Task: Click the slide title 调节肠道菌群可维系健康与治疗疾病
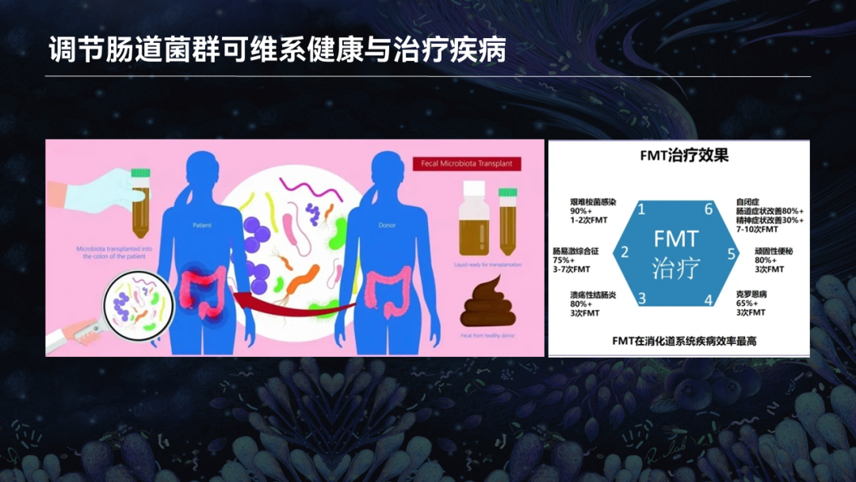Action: pos(277,49)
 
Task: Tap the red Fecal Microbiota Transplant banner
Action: pos(467,165)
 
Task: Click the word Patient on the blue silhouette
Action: pos(202,225)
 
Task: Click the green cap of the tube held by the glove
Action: pos(141,171)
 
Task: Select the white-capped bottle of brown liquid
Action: pos(473,218)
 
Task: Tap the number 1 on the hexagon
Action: pos(641,209)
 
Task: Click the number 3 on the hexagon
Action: pos(642,299)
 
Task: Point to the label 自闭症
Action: pos(748,202)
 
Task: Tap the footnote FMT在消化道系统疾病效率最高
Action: pos(678,340)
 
